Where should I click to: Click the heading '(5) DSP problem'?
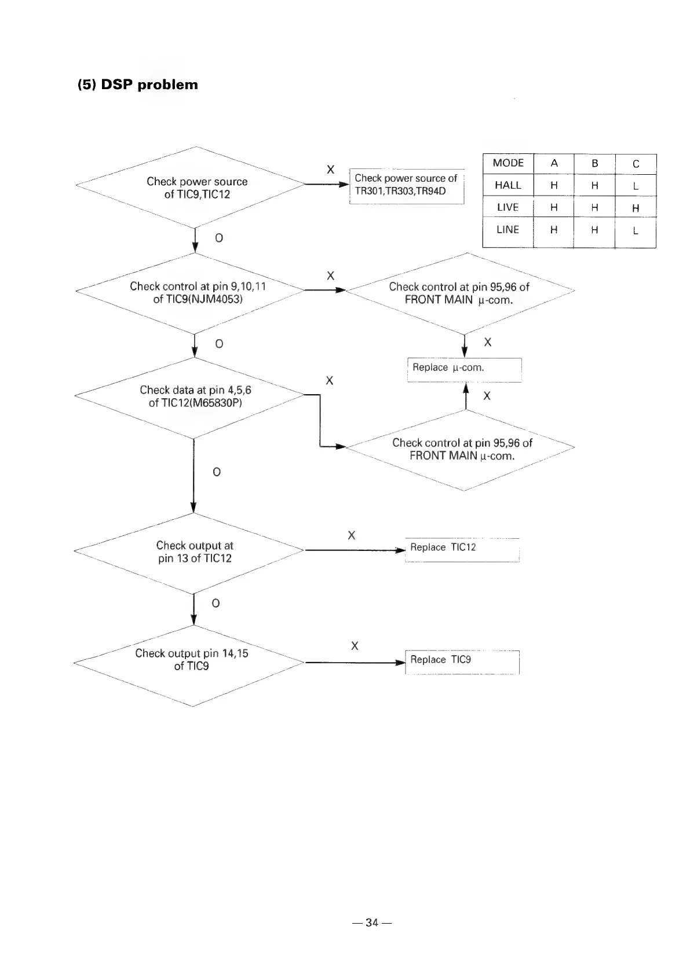click(138, 84)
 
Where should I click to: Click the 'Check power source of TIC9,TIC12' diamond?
click(196, 188)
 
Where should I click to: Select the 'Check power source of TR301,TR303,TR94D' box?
click(406, 185)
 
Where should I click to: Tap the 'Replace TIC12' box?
click(462, 547)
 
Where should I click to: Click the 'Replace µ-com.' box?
click(464, 368)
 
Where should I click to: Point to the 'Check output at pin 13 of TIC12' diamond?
click(194, 552)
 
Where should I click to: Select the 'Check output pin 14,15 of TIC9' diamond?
click(191, 660)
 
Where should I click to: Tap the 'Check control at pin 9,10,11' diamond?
click(197, 292)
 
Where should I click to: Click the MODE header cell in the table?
click(508, 163)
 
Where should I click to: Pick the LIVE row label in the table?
click(508, 207)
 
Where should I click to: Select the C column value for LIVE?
click(636, 208)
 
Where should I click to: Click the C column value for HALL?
click(636, 186)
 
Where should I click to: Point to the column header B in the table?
click(594, 163)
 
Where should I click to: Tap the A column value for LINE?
click(554, 230)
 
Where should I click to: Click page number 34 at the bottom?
click(371, 922)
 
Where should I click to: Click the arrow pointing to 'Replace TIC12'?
click(353, 550)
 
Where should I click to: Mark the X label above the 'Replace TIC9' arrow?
click(355, 646)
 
